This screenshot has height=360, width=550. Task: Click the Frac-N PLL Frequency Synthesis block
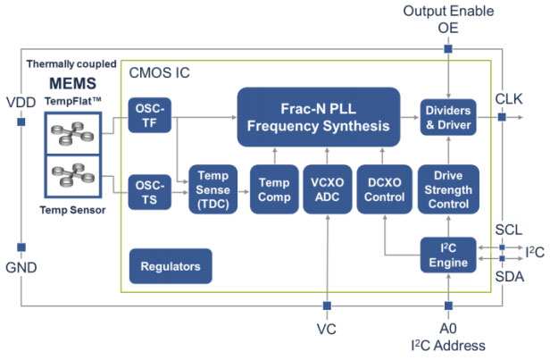(x=317, y=116)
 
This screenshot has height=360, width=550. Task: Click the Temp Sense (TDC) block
(x=213, y=188)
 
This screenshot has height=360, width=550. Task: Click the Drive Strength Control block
(x=447, y=188)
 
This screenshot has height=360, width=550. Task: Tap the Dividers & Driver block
(x=447, y=117)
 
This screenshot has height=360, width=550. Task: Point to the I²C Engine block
(x=447, y=255)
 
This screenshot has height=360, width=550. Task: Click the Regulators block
(x=170, y=266)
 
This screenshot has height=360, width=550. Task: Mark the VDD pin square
(x=20, y=121)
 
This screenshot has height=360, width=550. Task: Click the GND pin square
(x=20, y=247)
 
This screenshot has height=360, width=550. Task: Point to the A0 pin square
(x=447, y=305)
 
